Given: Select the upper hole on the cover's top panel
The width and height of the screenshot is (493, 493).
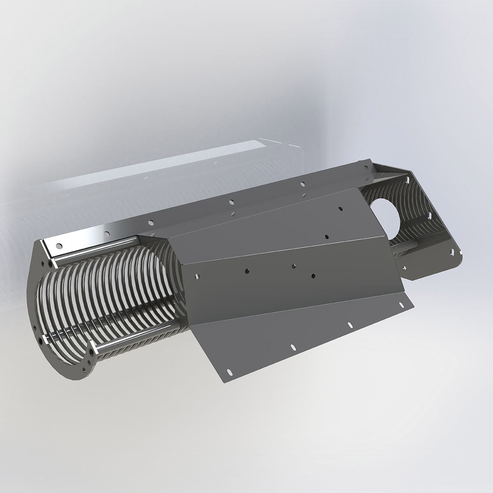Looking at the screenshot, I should tap(340, 208).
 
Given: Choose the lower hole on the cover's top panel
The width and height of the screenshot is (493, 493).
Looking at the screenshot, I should tap(326, 237).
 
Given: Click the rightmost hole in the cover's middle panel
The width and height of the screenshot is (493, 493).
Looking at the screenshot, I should tap(313, 274).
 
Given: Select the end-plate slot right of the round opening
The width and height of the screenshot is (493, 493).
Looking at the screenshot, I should tap(430, 214).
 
